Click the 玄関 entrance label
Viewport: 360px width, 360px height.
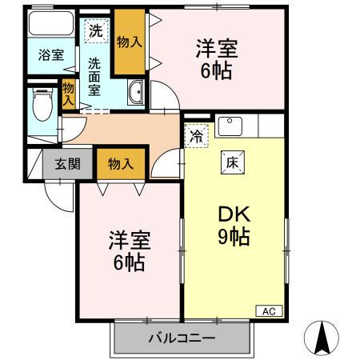tap(67, 165)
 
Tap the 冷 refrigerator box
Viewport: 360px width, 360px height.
tap(196, 137)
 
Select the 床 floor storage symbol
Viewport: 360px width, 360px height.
tap(233, 161)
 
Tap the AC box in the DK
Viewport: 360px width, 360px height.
tap(267, 310)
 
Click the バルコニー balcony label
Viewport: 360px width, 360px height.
tap(182, 338)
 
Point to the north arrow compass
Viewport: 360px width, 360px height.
tap(322, 338)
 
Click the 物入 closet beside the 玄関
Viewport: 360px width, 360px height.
tap(120, 164)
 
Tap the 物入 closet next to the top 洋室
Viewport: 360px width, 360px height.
tap(128, 42)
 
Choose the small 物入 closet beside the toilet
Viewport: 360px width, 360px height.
tap(69, 94)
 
